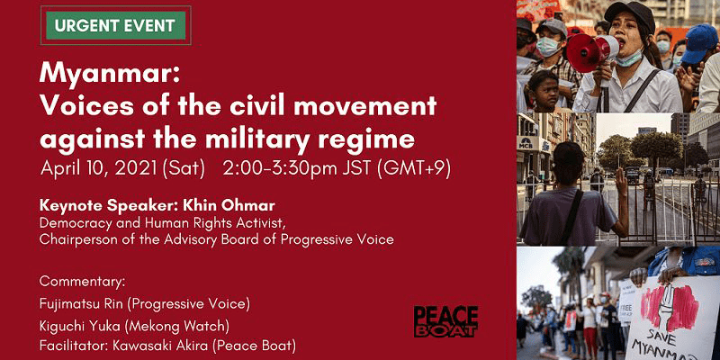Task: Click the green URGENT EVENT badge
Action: [x=116, y=25]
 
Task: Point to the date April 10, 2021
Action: [x=100, y=168]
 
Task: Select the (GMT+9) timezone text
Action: [x=413, y=168]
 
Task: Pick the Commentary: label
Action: [x=82, y=281]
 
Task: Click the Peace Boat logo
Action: [x=445, y=321]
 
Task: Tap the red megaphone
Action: [x=591, y=52]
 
